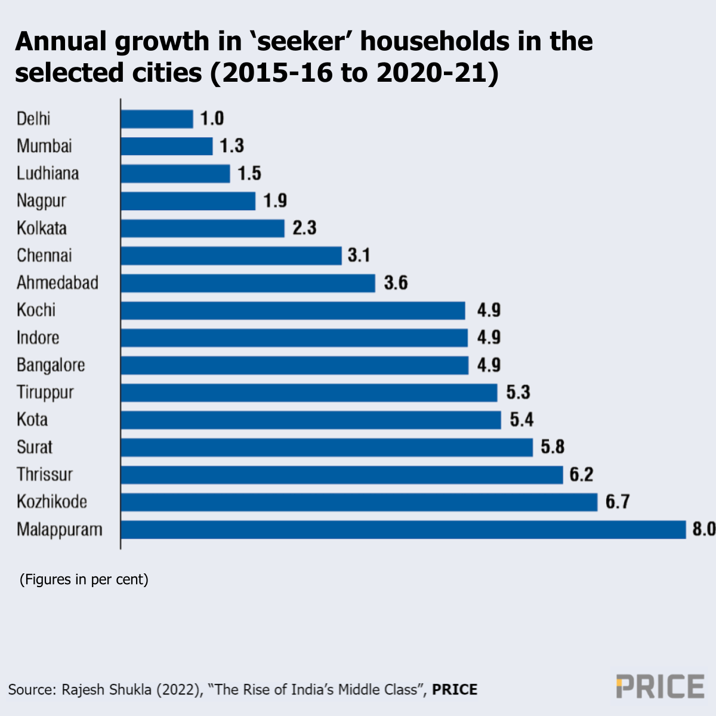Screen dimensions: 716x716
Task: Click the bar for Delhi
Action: [157, 119]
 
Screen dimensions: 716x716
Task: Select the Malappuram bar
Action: [403, 530]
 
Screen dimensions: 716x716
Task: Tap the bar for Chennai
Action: [231, 256]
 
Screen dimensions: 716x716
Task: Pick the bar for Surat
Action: [326, 447]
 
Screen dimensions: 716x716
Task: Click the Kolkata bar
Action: [202, 229]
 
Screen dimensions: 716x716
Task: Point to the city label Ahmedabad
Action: [57, 283]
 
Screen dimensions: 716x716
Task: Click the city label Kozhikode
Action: [52, 502]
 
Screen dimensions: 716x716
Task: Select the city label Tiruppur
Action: [45, 393]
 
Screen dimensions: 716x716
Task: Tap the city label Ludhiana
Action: [48, 174]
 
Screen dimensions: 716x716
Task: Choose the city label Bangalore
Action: [51, 365]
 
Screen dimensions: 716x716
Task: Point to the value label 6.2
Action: [581, 475]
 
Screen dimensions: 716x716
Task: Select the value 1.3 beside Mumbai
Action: [232, 146]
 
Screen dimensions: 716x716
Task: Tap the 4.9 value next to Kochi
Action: [489, 310]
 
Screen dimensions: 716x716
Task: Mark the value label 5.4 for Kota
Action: [521, 420]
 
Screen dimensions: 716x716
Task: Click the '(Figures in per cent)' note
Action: [84, 579]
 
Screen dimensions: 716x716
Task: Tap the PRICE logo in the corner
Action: [660, 687]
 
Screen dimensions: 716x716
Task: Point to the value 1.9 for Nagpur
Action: [275, 201]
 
